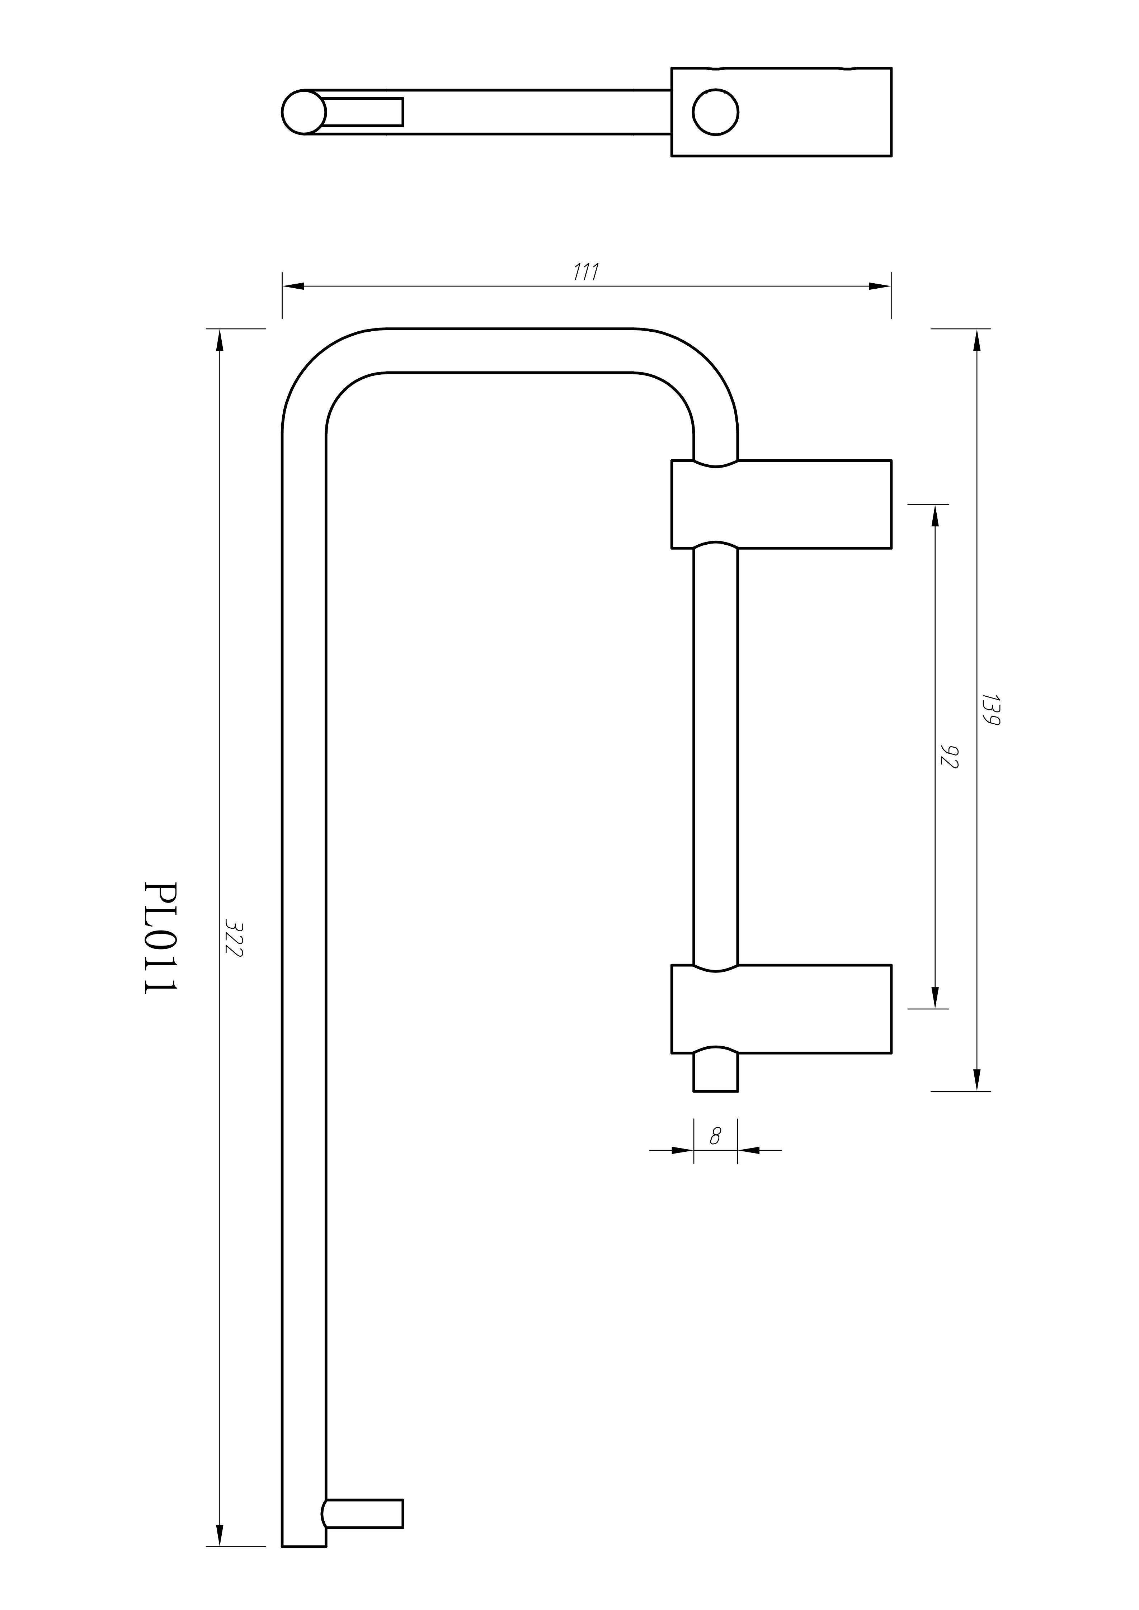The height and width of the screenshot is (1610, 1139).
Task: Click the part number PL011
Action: [160, 938]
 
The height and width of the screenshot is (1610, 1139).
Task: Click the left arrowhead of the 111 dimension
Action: [293, 286]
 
